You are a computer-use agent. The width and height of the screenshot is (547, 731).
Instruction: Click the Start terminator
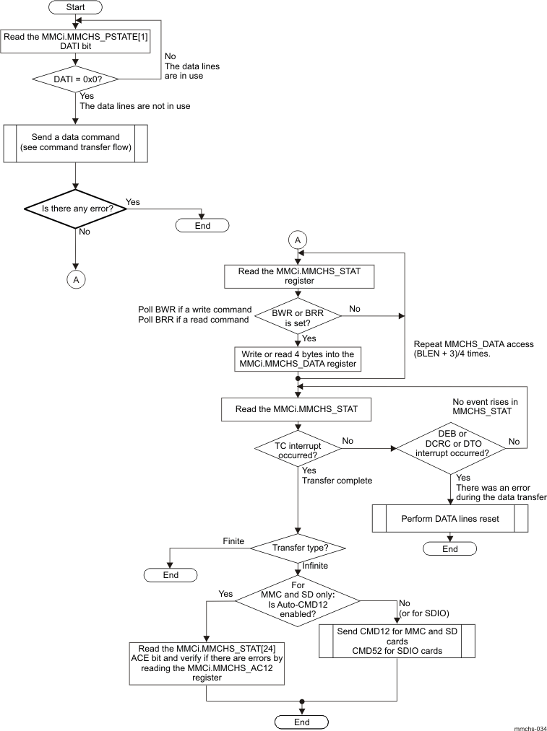pyautogui.click(x=76, y=8)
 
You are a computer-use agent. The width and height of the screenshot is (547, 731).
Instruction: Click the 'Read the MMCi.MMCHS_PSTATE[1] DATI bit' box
pyautogui.click(x=76, y=42)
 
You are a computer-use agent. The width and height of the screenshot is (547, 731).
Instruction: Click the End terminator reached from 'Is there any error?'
pyautogui.click(x=202, y=226)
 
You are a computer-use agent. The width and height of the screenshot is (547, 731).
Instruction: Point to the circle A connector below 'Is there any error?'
pyautogui.click(x=76, y=278)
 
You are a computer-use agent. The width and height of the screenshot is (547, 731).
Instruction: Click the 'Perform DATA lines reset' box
pyautogui.click(x=450, y=518)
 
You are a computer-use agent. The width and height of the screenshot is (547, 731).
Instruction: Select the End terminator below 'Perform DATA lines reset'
pyautogui.click(x=450, y=549)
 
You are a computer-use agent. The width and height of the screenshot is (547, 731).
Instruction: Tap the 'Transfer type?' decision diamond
pyautogui.click(x=297, y=548)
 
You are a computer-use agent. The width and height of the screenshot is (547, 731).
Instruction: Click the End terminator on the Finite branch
pyautogui.click(x=170, y=575)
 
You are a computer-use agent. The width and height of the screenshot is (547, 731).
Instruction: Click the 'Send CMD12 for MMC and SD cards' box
pyautogui.click(x=397, y=640)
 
